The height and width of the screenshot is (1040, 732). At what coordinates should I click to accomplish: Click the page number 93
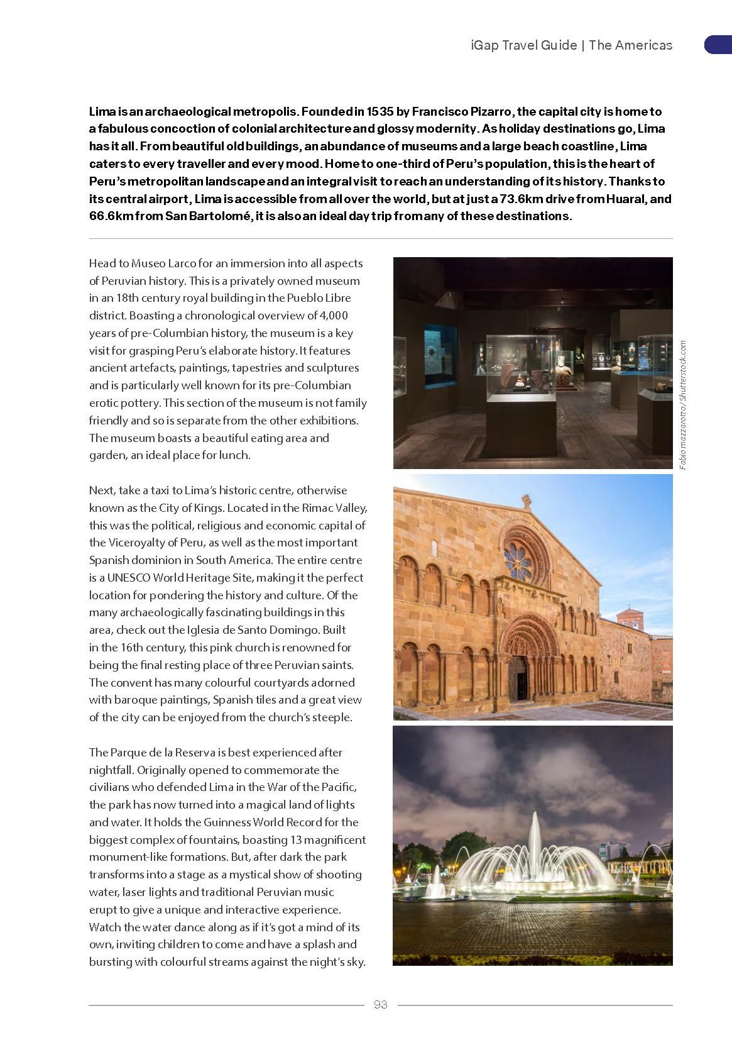(x=380, y=1004)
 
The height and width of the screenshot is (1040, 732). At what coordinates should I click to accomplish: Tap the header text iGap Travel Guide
(x=523, y=45)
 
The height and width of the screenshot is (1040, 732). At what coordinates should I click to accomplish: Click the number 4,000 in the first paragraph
(x=334, y=316)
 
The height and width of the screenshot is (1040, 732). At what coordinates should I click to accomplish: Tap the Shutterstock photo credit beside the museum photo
(x=683, y=404)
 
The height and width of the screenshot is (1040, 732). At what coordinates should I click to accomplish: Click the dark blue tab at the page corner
(x=718, y=45)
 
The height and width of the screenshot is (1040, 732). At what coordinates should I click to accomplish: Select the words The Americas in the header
(x=631, y=45)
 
